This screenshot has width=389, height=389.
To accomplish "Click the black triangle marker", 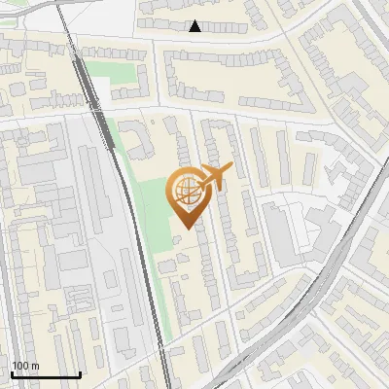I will click(195, 26).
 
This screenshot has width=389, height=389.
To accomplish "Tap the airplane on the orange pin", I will click(213, 177).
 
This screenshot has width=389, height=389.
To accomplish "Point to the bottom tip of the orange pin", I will click(186, 229).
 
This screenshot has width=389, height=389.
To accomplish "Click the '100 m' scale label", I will click(25, 366).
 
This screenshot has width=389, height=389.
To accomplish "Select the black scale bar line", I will click(46, 374).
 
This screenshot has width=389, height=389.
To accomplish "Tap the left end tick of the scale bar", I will click(12, 372).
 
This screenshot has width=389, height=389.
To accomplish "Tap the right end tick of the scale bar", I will click(80, 372).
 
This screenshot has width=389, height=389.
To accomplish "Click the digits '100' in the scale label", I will click(19, 366).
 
